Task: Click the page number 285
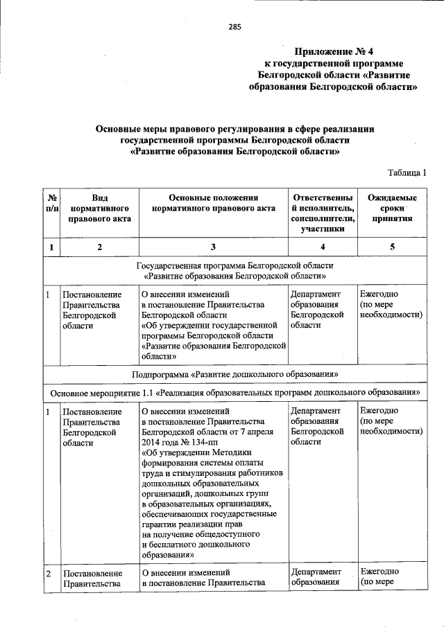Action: pyautogui.click(x=234, y=28)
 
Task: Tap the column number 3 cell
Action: pyautogui.click(x=213, y=247)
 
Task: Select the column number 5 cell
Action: pyautogui.click(x=392, y=247)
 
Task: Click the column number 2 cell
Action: pyautogui.click(x=99, y=247)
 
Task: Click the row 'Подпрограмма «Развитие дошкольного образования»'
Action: pyautogui.click(x=235, y=374)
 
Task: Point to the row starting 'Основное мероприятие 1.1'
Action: pyautogui.click(x=235, y=392)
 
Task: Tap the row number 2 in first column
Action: pyautogui.click(x=49, y=573)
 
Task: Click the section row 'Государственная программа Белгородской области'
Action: pyautogui.click(x=235, y=265)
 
